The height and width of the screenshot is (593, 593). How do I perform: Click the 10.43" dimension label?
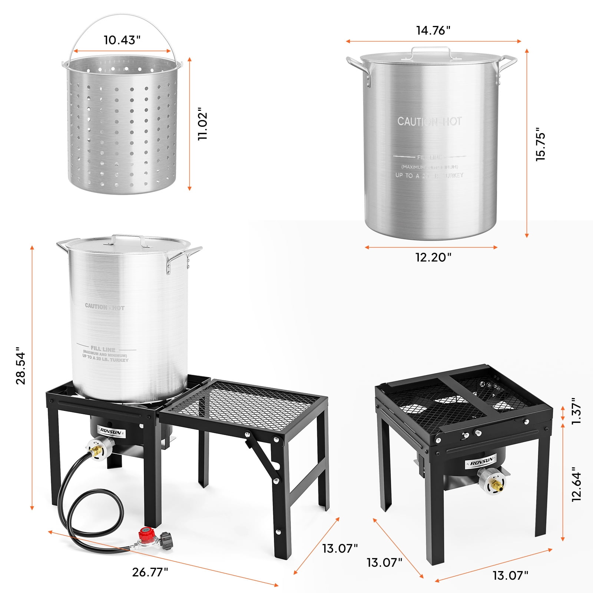click(x=122, y=40)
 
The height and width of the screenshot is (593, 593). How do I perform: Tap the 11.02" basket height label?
click(x=203, y=124)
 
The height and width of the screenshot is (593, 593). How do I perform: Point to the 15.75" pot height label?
click(x=541, y=146)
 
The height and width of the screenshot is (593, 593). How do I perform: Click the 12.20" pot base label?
click(x=433, y=257)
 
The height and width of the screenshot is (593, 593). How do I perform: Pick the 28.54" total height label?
click(x=21, y=365)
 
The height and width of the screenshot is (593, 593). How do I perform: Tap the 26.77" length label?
click(x=150, y=572)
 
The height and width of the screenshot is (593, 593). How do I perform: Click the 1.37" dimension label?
click(x=577, y=411)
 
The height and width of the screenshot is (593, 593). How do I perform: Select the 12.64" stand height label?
click(x=577, y=484)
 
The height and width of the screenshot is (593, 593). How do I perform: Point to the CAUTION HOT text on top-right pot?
click(x=429, y=122)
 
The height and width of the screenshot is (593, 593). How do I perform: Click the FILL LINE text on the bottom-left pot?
click(x=103, y=349)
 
